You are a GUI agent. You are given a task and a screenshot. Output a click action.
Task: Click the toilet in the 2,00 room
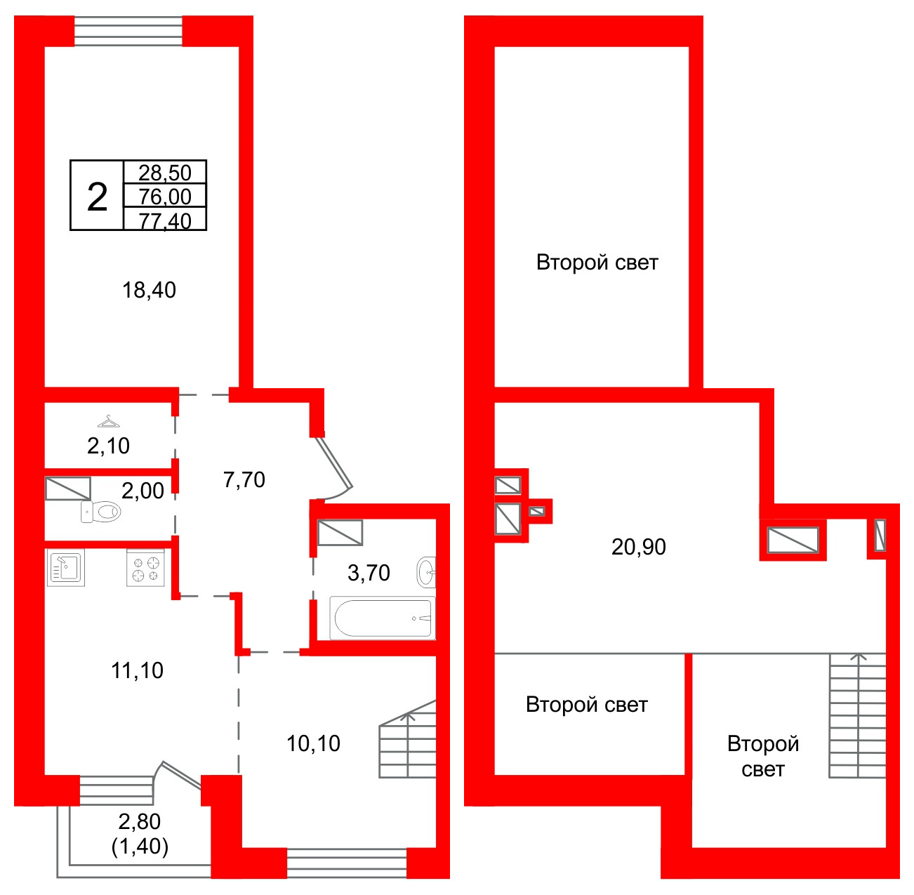click(100, 512)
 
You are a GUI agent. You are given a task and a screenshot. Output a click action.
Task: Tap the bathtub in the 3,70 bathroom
click(383, 618)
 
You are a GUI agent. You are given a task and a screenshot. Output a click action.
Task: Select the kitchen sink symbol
click(66, 567)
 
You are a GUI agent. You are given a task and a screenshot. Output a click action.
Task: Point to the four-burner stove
click(145, 568)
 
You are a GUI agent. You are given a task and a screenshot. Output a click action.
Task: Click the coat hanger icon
click(109, 421)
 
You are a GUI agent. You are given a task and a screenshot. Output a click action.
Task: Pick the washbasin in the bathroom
click(426, 573)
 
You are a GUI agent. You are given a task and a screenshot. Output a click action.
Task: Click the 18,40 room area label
click(149, 290)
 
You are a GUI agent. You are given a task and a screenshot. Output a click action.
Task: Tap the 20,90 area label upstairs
click(638, 547)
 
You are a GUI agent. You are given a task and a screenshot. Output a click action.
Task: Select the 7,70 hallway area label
click(244, 479)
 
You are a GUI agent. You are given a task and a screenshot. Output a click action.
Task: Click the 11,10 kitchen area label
click(137, 670)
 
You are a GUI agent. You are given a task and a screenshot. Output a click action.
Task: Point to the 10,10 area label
click(313, 743)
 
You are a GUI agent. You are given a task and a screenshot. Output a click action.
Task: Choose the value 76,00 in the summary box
click(164, 197)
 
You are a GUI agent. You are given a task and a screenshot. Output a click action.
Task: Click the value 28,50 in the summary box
click(164, 173)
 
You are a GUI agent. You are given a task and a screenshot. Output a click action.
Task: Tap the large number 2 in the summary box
click(98, 197)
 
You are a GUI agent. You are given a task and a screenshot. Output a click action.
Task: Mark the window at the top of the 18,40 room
click(128, 32)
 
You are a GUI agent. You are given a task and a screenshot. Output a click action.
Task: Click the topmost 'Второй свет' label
click(597, 263)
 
